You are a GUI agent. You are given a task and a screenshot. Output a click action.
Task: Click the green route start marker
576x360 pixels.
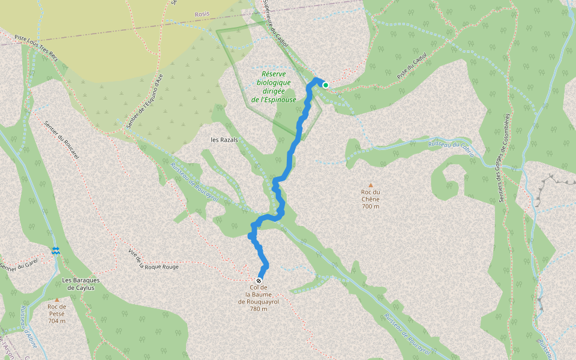point(326,85)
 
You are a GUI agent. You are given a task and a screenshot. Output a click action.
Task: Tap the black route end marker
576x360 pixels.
point(259,281)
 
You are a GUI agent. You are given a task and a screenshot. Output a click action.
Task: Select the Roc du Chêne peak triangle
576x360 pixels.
point(371,185)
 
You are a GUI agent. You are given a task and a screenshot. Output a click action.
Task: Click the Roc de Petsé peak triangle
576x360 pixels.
point(57,299)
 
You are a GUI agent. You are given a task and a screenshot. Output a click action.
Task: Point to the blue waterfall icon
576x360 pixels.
point(56,251)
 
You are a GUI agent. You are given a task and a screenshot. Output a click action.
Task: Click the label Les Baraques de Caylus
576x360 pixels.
point(80,284)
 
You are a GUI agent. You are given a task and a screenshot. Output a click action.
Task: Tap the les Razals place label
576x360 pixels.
point(224,140)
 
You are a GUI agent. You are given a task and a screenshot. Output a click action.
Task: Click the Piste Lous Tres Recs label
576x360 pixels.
point(36,46)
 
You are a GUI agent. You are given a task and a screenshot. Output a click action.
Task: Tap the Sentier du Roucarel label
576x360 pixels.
point(62,139)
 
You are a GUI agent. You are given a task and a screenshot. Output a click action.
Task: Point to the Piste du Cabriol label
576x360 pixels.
point(412,65)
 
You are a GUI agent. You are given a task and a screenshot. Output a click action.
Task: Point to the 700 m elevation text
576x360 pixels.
point(371,206)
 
